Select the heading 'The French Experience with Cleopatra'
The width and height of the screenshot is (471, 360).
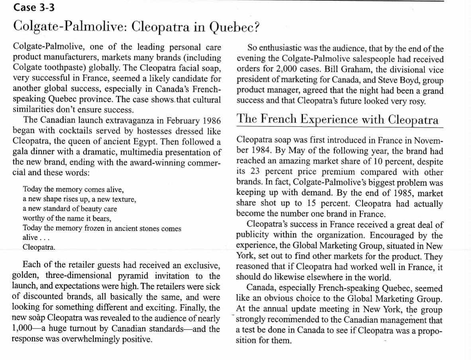tap(338, 119)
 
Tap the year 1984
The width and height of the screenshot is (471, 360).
tap(258, 152)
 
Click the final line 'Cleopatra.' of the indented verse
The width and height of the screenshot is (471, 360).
tap(39, 247)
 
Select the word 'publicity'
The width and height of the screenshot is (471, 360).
tap(252, 235)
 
